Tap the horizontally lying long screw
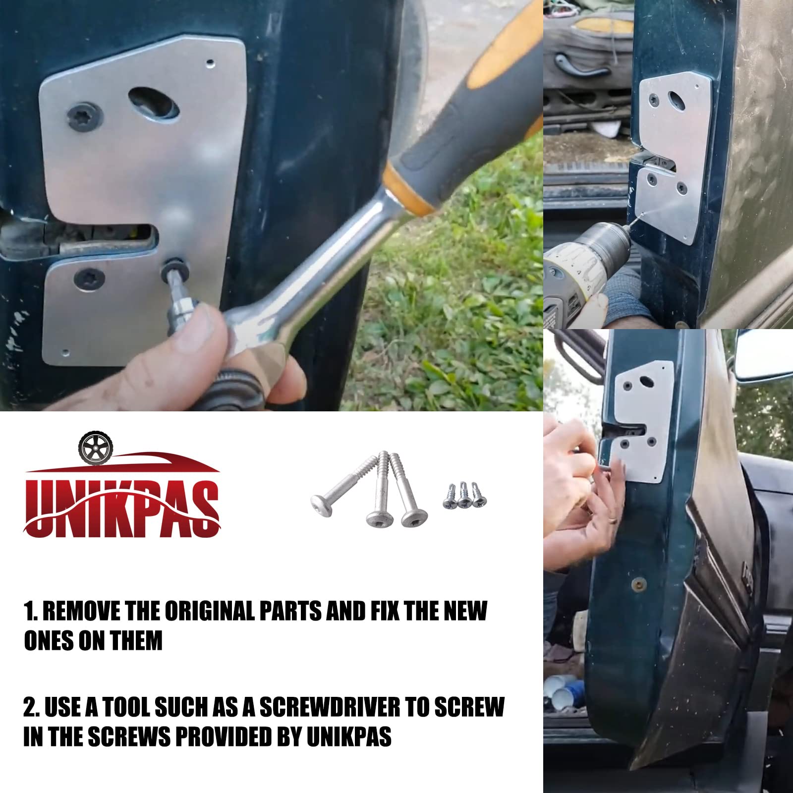(x=340, y=491)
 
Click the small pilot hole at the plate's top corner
(x=210, y=63)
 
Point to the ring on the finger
(x=613, y=518)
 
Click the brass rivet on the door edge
(x=639, y=583)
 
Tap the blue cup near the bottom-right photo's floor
(x=575, y=691)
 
